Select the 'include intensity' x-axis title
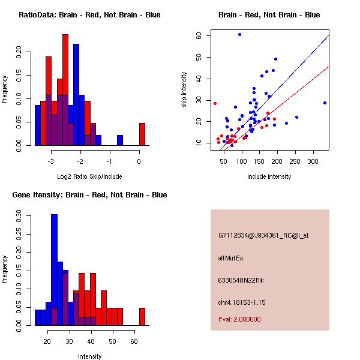(x=269, y=176)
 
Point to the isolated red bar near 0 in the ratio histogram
(x=142, y=134)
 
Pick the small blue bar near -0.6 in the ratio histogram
(x=120, y=140)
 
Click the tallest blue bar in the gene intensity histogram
(x=55, y=270)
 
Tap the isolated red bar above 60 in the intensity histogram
(x=142, y=316)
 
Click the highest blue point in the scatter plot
(x=239, y=34)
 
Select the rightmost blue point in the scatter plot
(x=325, y=103)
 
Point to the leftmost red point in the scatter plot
(x=215, y=103)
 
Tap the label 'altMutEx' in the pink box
(x=232, y=258)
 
